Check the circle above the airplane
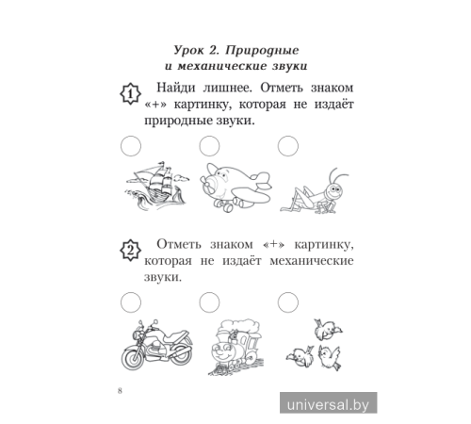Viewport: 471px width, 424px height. [x=209, y=144]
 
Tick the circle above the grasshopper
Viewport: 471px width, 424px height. [x=287, y=144]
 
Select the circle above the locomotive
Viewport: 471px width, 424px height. [x=209, y=300]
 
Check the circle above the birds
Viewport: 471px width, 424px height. [x=287, y=300]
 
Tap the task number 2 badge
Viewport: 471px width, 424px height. [x=130, y=250]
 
